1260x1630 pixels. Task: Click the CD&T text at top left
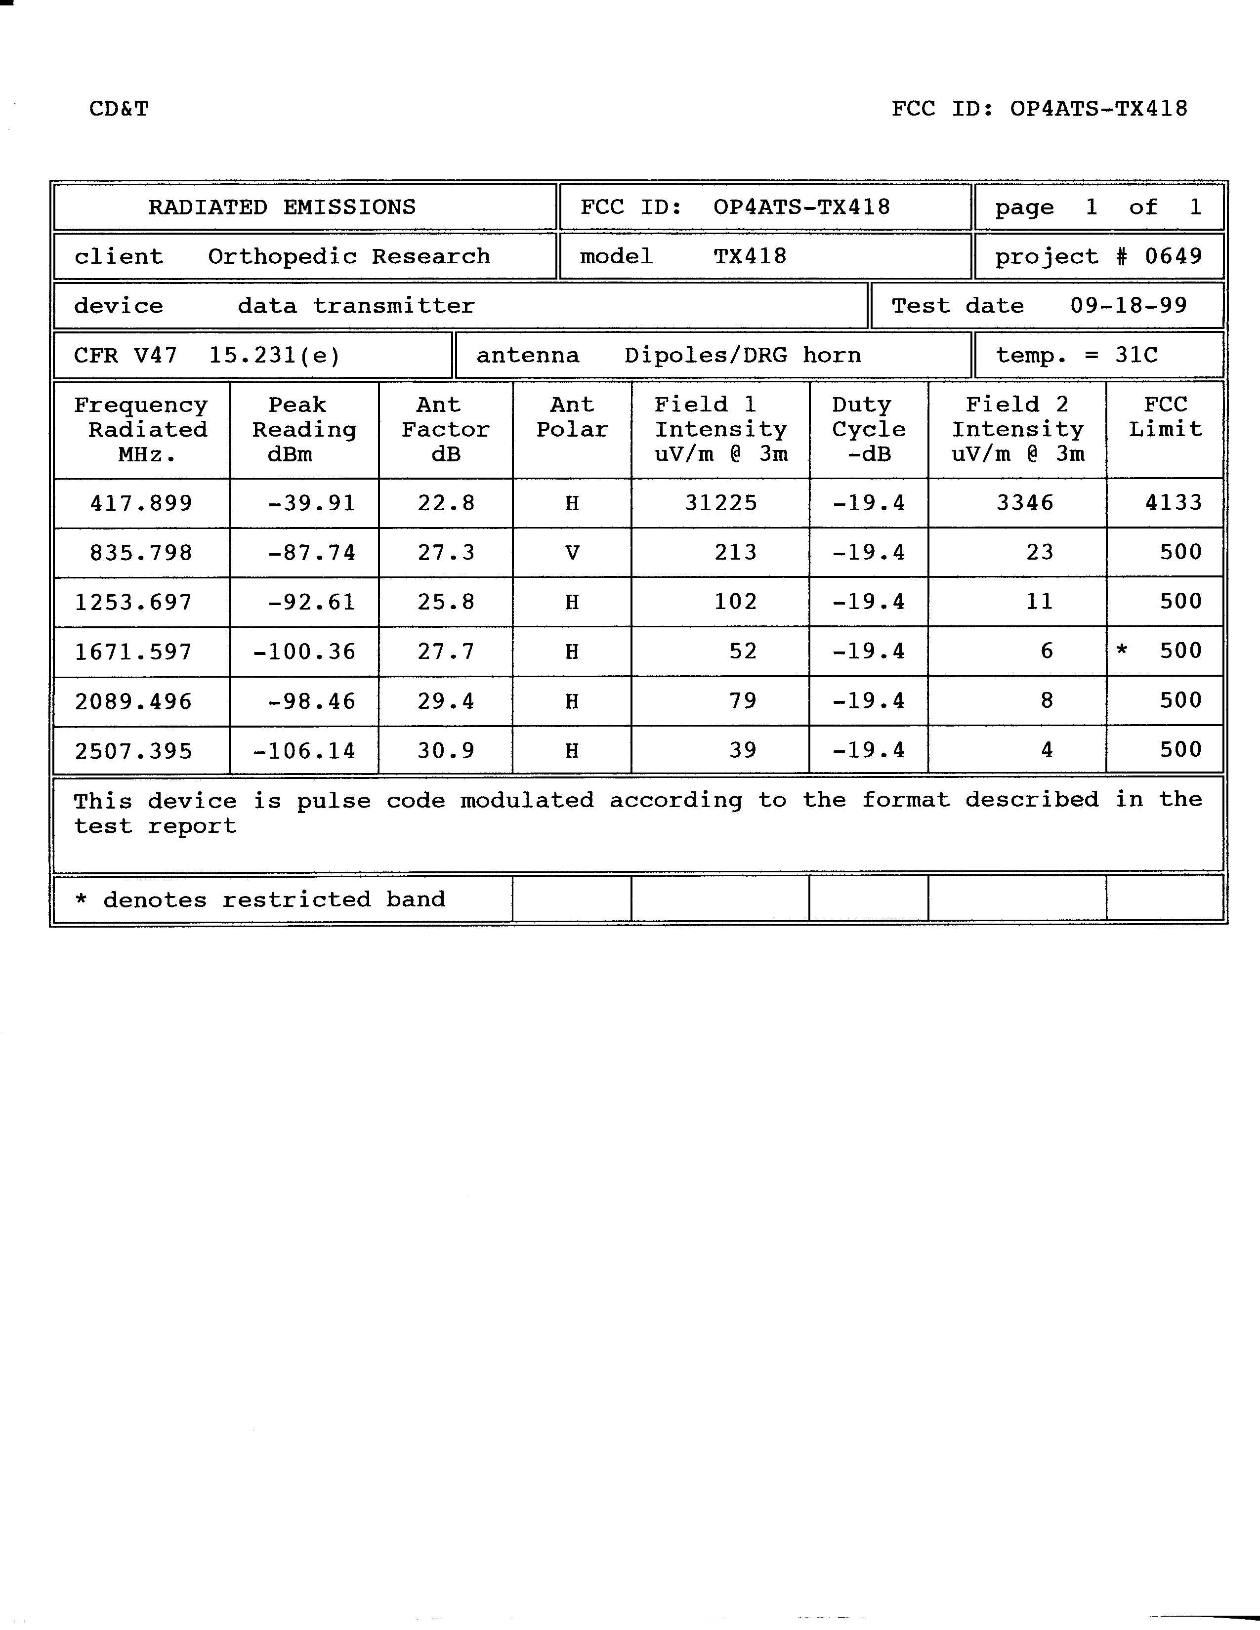click(x=119, y=109)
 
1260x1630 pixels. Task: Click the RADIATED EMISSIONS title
click(x=282, y=207)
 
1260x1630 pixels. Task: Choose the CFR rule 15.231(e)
click(x=274, y=355)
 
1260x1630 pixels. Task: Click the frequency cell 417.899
click(x=141, y=503)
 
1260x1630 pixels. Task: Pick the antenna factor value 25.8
click(x=446, y=602)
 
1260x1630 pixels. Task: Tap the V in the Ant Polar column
click(x=572, y=553)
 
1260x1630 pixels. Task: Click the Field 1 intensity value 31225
click(x=721, y=503)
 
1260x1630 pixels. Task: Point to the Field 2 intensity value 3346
click(x=1025, y=503)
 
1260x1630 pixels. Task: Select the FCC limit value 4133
click(x=1174, y=502)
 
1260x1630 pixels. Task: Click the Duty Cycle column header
click(x=869, y=429)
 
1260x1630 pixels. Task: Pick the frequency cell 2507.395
click(x=133, y=750)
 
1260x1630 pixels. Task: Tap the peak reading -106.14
click(x=304, y=750)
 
